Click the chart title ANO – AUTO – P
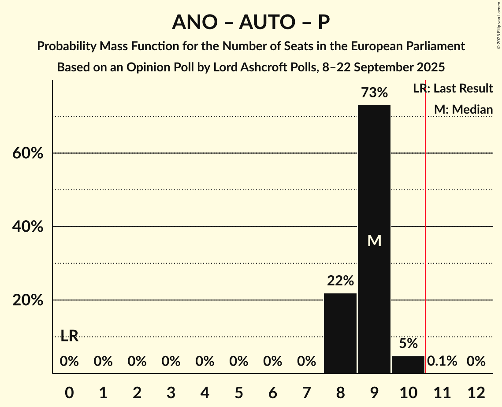click(251, 22)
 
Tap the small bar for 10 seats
click(408, 364)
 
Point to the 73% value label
click(374, 93)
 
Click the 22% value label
click(340, 281)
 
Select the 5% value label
click(408, 344)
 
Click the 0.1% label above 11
click(442, 362)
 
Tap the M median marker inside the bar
click(374, 240)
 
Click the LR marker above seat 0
click(69, 337)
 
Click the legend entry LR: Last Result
click(453, 89)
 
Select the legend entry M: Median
click(463, 109)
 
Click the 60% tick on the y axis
click(30, 154)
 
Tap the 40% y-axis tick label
click(30, 227)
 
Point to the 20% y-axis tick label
click(30, 301)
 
